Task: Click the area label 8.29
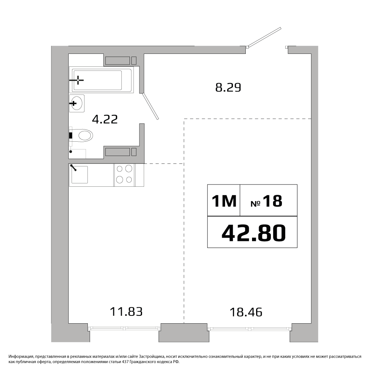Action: click(228, 87)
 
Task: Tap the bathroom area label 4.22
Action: click(105, 119)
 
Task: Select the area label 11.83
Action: click(126, 311)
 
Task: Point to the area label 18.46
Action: click(246, 312)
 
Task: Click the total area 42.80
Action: click(254, 233)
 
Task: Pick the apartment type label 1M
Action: click(224, 201)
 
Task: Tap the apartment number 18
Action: click(272, 201)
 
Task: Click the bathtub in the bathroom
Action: click(101, 80)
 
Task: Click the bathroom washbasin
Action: click(77, 103)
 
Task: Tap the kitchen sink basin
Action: click(80, 175)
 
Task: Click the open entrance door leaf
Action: click(264, 37)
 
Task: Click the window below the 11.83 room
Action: click(124, 328)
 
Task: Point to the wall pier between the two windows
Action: click(184, 332)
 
